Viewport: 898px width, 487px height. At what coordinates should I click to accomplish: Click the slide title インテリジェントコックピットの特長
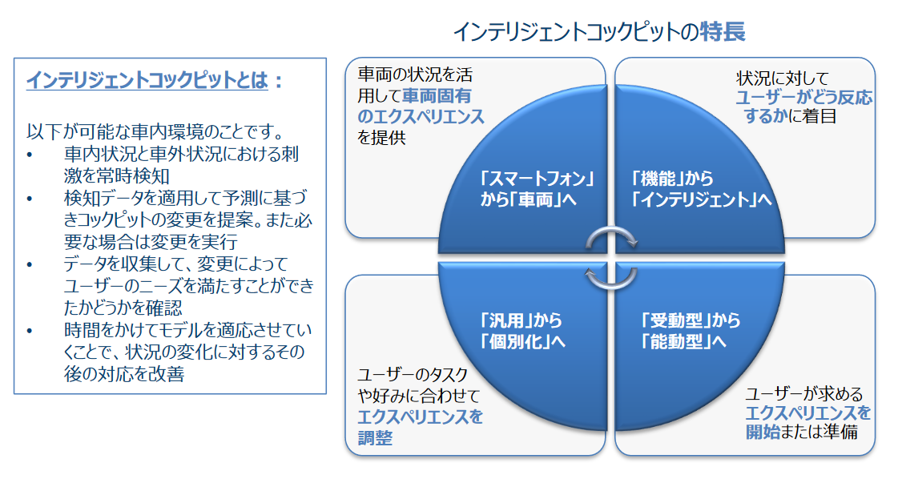(599, 32)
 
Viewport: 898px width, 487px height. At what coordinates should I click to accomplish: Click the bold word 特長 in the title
(723, 32)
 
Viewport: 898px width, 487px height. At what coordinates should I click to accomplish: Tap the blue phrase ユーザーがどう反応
(804, 98)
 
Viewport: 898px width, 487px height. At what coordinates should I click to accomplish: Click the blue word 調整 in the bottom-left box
(375, 437)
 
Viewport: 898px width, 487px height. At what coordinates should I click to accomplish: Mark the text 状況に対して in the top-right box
(786, 78)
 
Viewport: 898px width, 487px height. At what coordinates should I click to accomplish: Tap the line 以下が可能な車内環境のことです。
(157, 131)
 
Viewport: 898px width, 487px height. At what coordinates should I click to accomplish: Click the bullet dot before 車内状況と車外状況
(30, 155)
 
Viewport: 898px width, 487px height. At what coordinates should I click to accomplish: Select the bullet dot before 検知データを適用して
(30, 199)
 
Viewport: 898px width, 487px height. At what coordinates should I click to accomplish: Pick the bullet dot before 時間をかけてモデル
(30, 331)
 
